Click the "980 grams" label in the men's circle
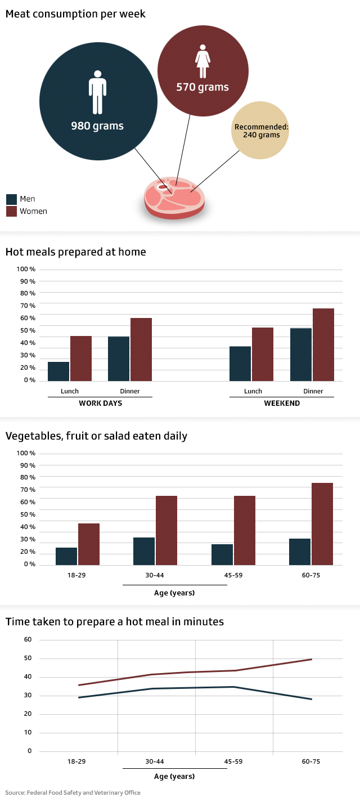pyautogui.click(x=97, y=126)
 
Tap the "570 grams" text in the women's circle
pyautogui.click(x=202, y=87)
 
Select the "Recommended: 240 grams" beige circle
pyautogui.click(x=261, y=131)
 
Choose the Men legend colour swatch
pyautogui.click(x=11, y=199)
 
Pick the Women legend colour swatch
pyautogui.click(x=11, y=212)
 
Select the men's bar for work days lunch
pyautogui.click(x=58, y=371)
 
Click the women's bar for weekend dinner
pyautogui.click(x=323, y=344)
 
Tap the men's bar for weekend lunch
pyautogui.click(x=240, y=364)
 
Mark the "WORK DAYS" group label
pyautogui.click(x=100, y=404)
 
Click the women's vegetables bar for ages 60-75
pyautogui.click(x=322, y=523)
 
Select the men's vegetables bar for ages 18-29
pyautogui.click(x=66, y=556)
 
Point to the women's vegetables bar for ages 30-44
pyautogui.click(x=166, y=530)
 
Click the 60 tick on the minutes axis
pyautogui.click(x=28, y=640)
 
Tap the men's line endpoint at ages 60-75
pyautogui.click(x=312, y=699)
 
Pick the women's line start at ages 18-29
pyautogui.click(x=78, y=685)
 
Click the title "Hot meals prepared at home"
pyautogui.click(x=75, y=252)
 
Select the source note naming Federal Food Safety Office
pyautogui.click(x=73, y=792)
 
